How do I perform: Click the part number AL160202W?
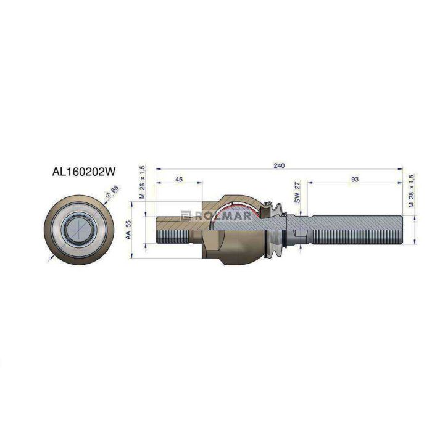[84, 172]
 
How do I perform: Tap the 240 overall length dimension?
[279, 165]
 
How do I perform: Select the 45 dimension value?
[179, 180]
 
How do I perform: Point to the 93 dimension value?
[355, 180]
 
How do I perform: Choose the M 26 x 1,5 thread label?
[142, 182]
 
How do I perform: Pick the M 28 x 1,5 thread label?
[412, 190]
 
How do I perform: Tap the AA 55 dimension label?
[128, 230]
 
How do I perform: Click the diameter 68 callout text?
[112, 191]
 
